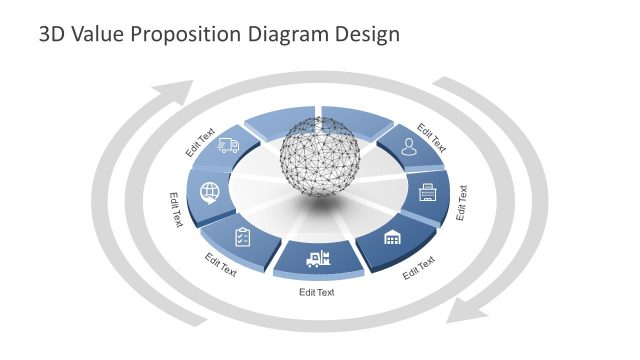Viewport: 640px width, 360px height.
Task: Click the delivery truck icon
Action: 229,146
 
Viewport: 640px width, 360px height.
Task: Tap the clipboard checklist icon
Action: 243,237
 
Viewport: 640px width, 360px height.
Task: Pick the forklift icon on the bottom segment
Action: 318,259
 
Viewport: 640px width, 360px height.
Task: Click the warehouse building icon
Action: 392,237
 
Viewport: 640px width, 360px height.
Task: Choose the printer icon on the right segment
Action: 427,190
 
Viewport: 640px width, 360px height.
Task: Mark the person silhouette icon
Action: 408,146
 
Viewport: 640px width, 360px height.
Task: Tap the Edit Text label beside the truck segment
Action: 201,143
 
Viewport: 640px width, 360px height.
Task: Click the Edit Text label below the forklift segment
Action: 317,292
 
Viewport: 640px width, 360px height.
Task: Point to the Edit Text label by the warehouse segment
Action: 419,268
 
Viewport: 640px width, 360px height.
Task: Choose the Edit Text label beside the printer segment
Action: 461,201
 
